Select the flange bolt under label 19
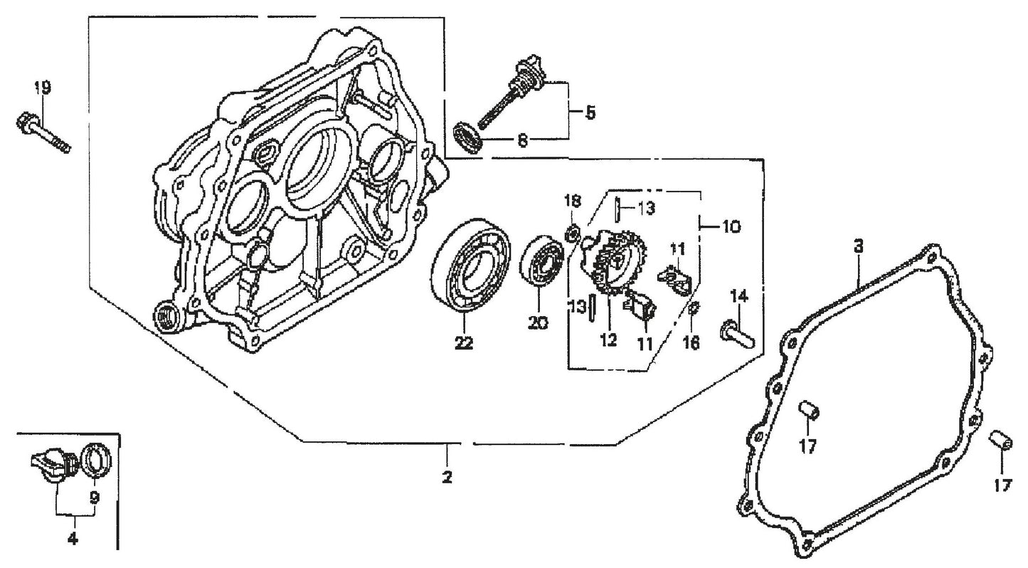[43, 133]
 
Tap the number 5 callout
[590, 112]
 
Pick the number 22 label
[463, 343]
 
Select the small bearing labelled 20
[546, 264]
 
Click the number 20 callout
[538, 323]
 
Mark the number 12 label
[608, 340]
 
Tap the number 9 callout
[94, 497]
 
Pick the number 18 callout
[573, 201]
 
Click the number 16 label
[691, 342]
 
